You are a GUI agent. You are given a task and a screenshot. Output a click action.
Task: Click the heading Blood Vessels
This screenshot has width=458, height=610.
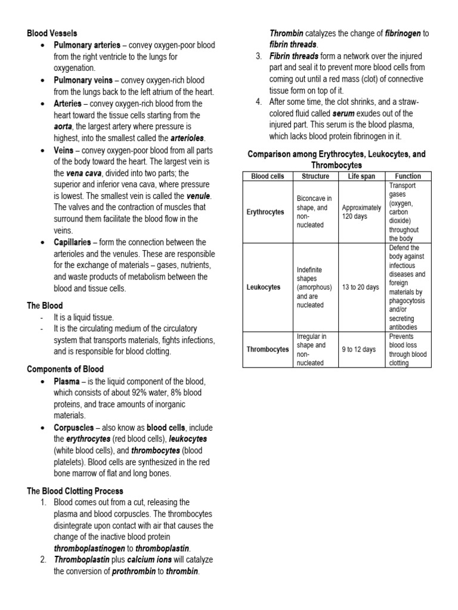pos(52,33)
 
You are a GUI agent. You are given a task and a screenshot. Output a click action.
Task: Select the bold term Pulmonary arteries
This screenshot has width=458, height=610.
pos(87,45)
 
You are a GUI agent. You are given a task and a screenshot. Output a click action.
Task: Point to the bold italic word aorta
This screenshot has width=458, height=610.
pos(65,127)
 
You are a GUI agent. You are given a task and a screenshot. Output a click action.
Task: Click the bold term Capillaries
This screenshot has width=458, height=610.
pos(72,242)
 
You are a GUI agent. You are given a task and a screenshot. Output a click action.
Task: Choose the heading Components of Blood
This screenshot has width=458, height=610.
pos(65,369)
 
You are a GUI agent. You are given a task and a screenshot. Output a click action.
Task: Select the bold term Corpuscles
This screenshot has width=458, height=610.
pos(73,428)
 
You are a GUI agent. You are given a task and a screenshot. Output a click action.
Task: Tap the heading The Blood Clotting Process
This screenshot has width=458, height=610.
pos(75,491)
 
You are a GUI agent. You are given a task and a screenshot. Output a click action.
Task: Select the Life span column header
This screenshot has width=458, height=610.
pos(361,176)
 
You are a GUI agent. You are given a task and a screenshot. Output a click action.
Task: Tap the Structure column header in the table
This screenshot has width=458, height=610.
pos(315,176)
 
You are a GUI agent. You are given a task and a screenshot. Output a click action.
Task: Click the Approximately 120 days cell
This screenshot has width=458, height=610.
pos(361,211)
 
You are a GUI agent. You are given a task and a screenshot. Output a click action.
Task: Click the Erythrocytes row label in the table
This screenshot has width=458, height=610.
pos(266,211)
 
